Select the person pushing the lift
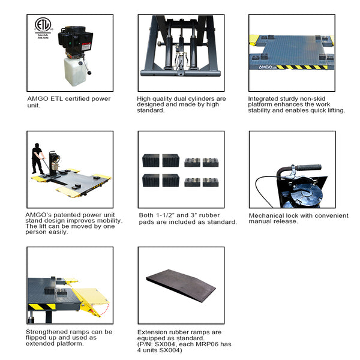(x=38, y=159)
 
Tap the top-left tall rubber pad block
(x=151, y=161)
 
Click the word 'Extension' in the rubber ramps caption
(x=152, y=332)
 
